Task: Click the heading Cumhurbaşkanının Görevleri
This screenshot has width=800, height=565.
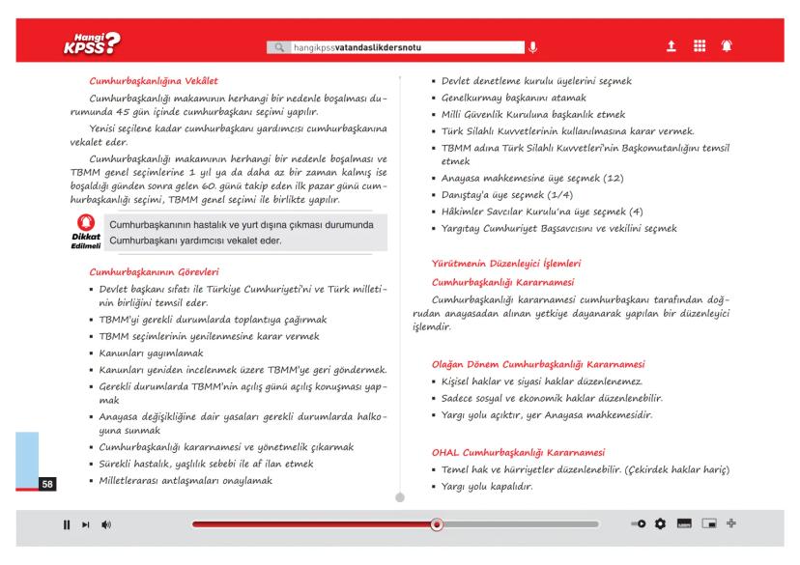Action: pyautogui.click(x=156, y=270)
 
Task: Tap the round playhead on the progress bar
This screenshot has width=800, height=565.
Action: pyautogui.click(x=436, y=525)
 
